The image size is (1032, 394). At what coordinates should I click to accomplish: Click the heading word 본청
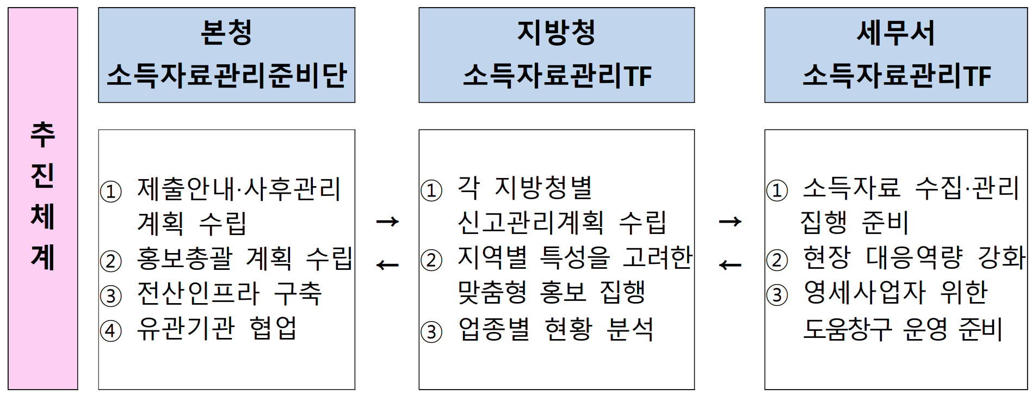pyautogui.click(x=226, y=33)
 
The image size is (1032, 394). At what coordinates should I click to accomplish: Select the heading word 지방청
pyautogui.click(x=556, y=33)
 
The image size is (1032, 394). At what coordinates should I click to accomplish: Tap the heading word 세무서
pyautogui.click(x=895, y=33)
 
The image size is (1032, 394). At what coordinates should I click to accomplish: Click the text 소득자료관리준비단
pyautogui.click(x=226, y=75)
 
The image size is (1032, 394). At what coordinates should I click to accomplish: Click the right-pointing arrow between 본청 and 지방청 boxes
pyautogui.click(x=387, y=221)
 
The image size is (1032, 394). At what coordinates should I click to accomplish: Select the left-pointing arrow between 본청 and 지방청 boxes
pyautogui.click(x=387, y=265)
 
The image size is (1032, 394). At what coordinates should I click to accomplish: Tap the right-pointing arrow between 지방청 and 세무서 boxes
pyautogui.click(x=730, y=221)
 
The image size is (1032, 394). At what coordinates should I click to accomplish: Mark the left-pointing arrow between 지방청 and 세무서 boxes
pyautogui.click(x=730, y=265)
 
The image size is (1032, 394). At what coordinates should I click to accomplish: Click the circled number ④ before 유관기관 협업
pyautogui.click(x=111, y=330)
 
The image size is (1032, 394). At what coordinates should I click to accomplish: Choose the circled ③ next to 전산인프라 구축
pyautogui.click(x=111, y=295)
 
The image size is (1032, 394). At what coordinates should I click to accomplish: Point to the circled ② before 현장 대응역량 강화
pyautogui.click(x=777, y=260)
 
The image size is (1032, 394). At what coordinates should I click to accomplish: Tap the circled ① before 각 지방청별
pyautogui.click(x=431, y=190)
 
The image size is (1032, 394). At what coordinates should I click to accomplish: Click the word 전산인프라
pyautogui.click(x=198, y=293)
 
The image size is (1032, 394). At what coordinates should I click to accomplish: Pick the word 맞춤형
pyautogui.click(x=492, y=293)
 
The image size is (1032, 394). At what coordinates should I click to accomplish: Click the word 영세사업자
pyautogui.click(x=864, y=293)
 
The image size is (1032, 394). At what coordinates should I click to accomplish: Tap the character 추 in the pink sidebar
pyautogui.click(x=42, y=134)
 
